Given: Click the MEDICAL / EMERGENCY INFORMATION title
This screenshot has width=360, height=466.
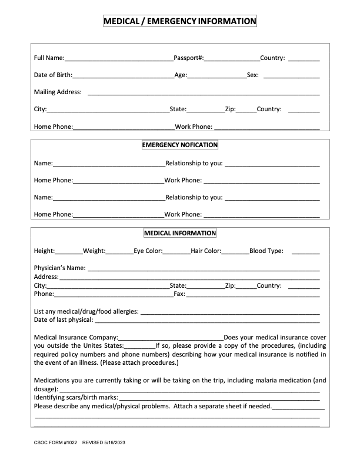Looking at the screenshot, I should pyautogui.click(x=180, y=22).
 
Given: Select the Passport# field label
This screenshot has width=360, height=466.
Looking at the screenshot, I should pyautogui.click(x=188, y=58).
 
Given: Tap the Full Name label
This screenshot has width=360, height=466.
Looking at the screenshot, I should pyautogui.click(x=49, y=58).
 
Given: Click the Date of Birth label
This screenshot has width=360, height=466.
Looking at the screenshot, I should pyautogui.click(x=53, y=75).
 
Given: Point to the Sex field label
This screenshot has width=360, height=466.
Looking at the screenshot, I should pyautogui.click(x=252, y=75).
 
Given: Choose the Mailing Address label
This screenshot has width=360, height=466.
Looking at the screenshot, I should pyautogui.click(x=58, y=92).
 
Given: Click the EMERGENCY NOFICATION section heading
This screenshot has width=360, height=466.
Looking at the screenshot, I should pyautogui.click(x=180, y=145).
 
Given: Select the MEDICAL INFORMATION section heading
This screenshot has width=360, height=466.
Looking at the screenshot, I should pyautogui.click(x=180, y=233).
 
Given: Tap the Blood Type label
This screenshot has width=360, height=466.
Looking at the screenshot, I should pyautogui.click(x=266, y=251).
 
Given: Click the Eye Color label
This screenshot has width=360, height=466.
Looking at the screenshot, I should pyautogui.click(x=148, y=251).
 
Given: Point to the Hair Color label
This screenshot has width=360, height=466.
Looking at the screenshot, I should pyautogui.click(x=206, y=251).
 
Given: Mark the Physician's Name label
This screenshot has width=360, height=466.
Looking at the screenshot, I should pyautogui.click(x=60, y=268).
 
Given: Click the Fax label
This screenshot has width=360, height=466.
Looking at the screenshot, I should pyautogui.click(x=179, y=294).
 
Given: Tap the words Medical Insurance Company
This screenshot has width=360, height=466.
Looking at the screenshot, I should pyautogui.click(x=76, y=337).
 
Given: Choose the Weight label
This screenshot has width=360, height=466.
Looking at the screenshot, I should pyautogui.click(x=94, y=251).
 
